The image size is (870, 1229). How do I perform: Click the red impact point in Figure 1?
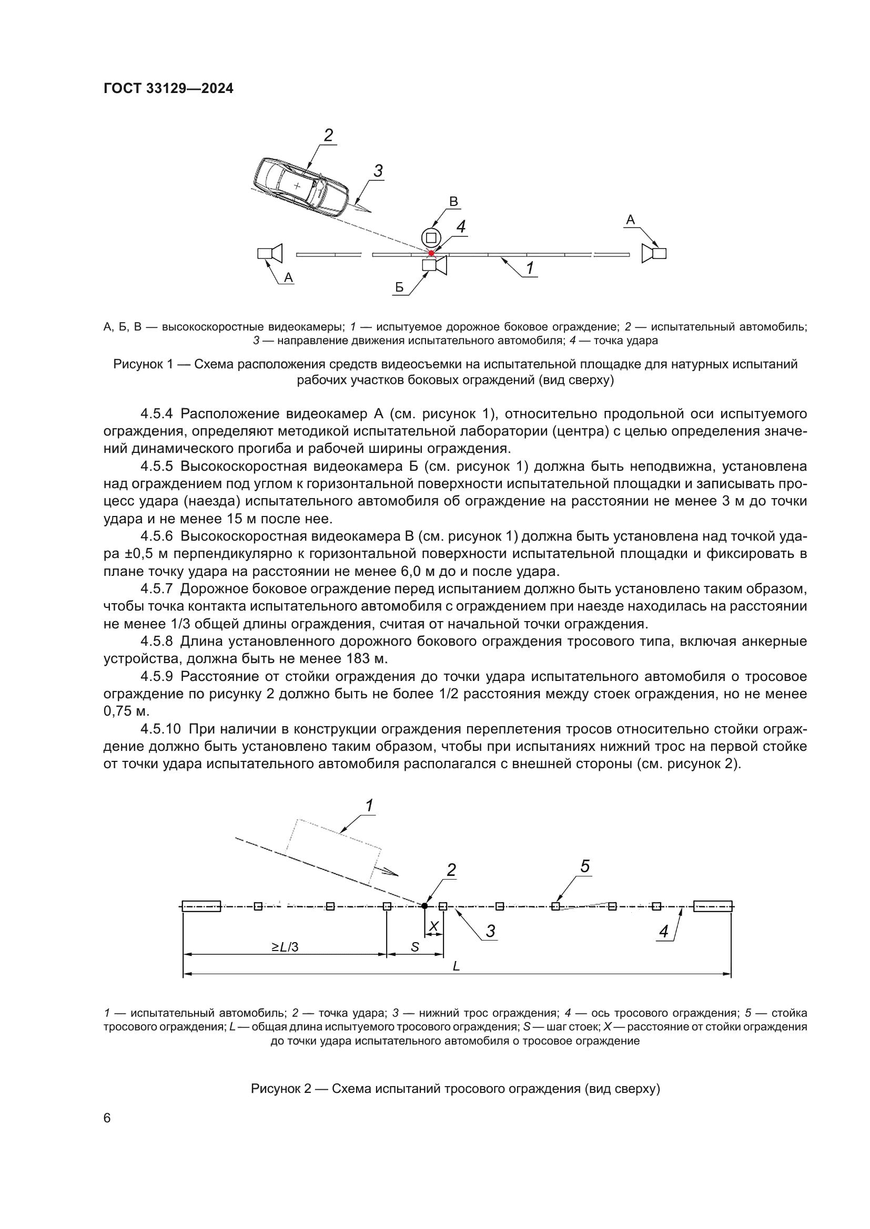pos(431,253)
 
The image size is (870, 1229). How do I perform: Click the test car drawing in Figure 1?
pos(301,187)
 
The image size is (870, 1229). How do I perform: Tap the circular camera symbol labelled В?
pos(430,237)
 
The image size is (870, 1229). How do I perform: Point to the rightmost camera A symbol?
pos(654,253)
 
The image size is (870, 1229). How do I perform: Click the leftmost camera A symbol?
pos(270,253)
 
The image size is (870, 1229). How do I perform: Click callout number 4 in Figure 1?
pos(461,227)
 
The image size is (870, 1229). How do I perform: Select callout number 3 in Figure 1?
pos(378,171)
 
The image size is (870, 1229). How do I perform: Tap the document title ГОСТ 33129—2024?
pos(168,89)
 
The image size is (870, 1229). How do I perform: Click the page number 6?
pos(107,1118)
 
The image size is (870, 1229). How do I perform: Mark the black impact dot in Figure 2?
pos(424,906)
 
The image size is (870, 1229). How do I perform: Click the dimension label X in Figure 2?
pos(434,925)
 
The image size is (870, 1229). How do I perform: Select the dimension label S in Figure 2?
pos(414,947)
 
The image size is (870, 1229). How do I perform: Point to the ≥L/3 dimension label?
pos(285,947)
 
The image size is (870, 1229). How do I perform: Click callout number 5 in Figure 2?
pos(585,866)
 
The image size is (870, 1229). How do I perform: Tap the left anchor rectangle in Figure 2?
pos(201,906)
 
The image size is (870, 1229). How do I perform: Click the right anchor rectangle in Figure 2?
pos(713,906)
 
